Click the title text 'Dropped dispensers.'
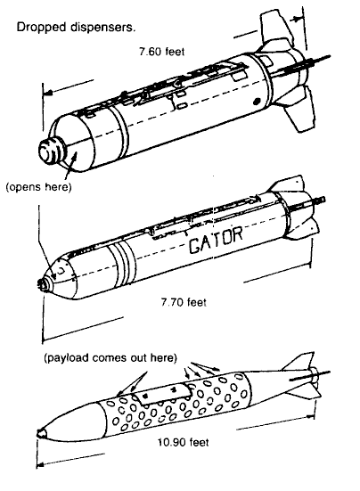(77, 28)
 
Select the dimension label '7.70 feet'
(184, 302)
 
